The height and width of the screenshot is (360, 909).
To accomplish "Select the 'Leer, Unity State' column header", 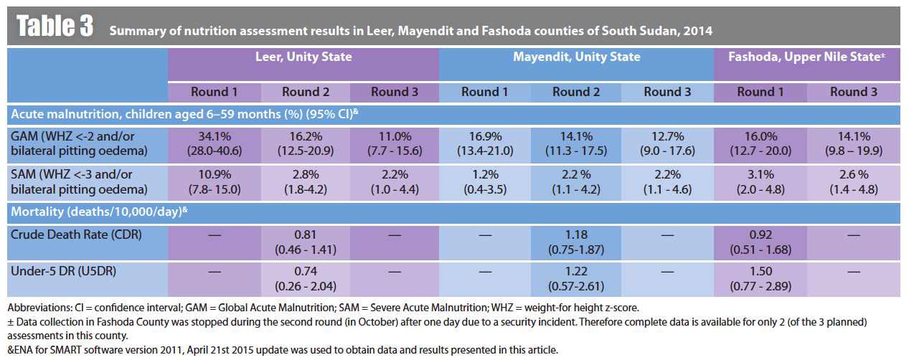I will [303, 57].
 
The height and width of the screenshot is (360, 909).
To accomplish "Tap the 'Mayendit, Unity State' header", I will [576, 57].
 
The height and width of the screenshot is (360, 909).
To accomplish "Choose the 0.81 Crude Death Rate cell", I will [306, 242].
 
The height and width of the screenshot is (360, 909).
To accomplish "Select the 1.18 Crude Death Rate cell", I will [576, 242].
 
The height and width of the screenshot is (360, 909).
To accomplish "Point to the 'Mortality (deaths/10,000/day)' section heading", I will [97, 212].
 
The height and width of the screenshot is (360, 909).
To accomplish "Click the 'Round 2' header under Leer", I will [306, 92].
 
